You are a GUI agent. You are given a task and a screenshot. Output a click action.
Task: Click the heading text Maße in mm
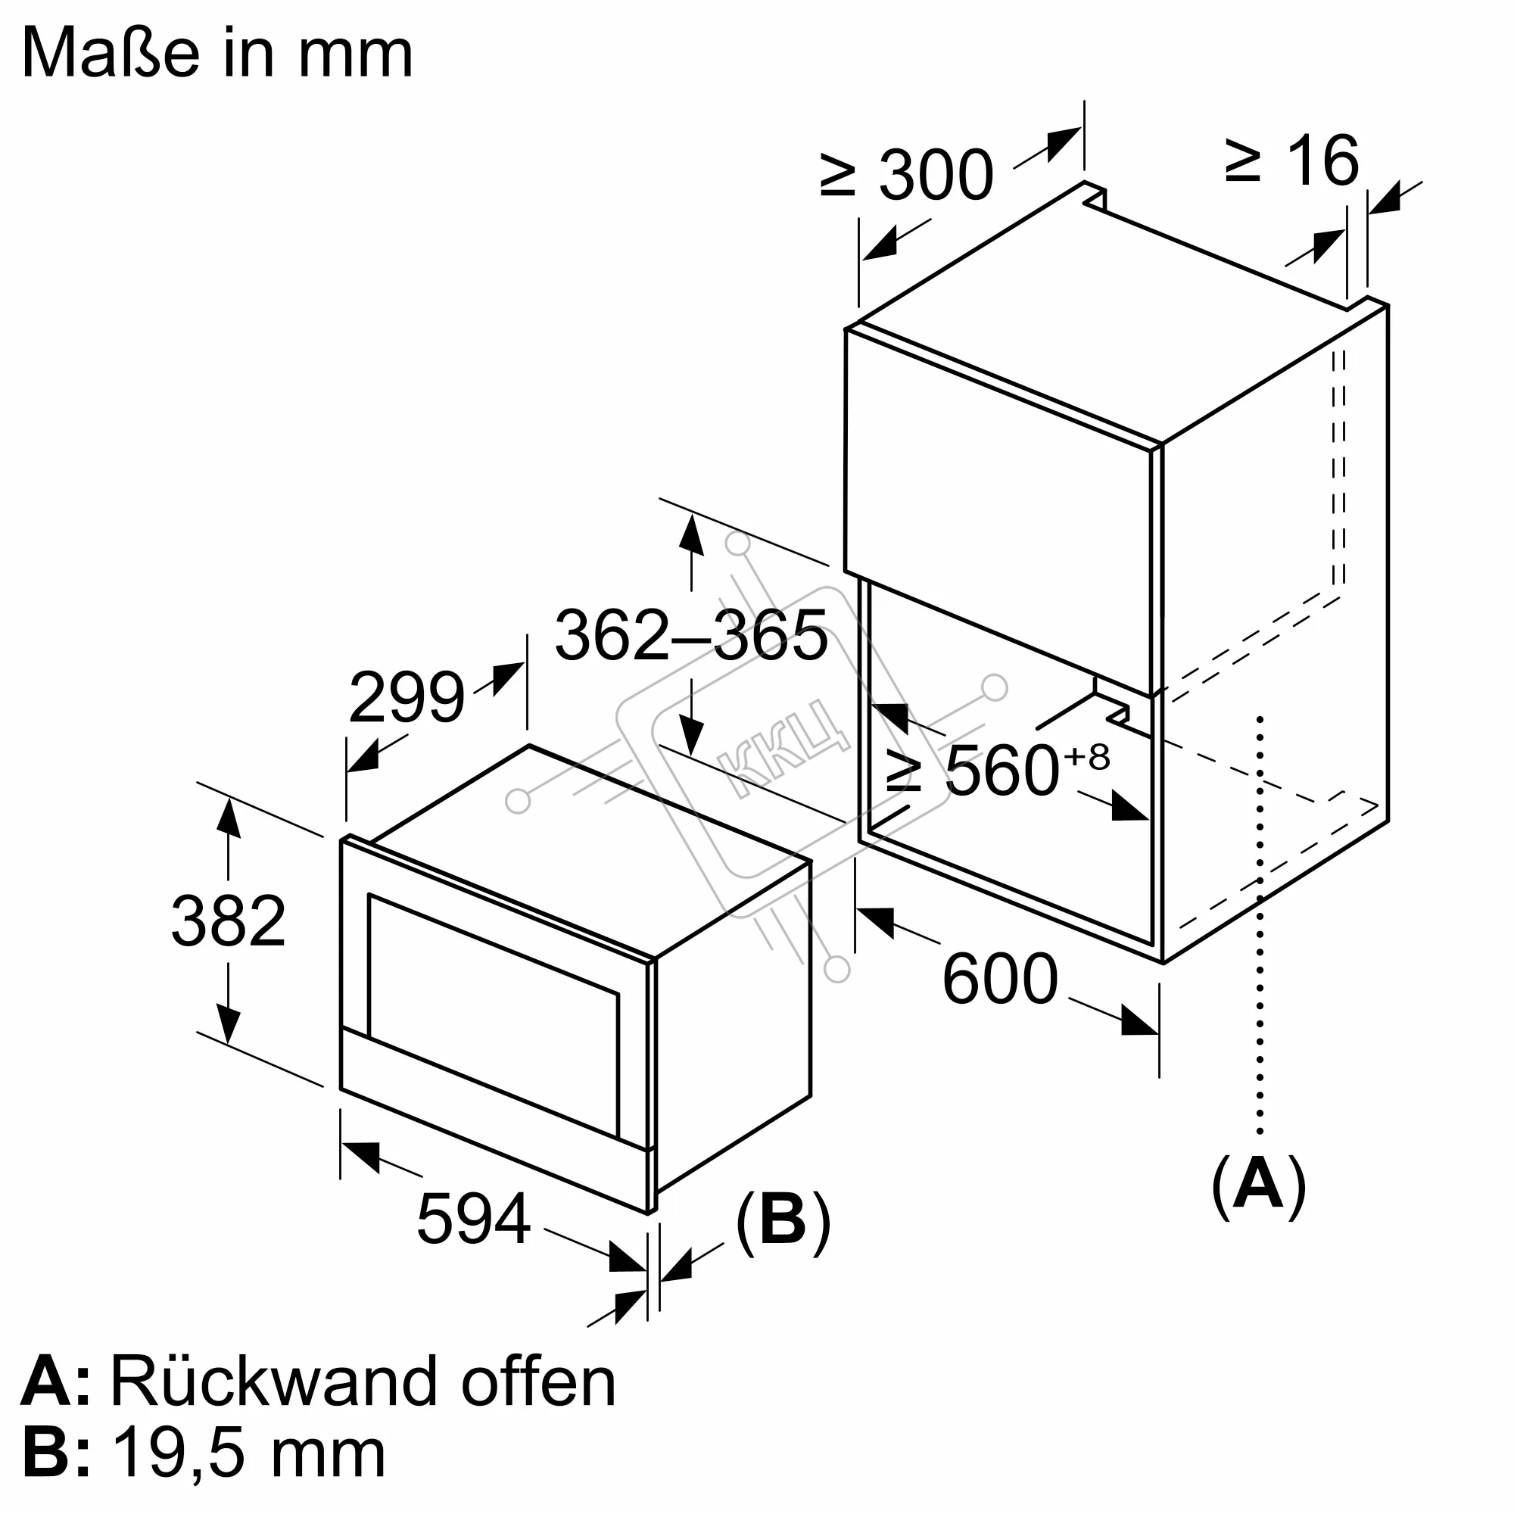coord(217,53)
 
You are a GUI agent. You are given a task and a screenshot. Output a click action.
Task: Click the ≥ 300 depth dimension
coord(908,175)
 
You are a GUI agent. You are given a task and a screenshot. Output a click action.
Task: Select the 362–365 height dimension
coord(690,635)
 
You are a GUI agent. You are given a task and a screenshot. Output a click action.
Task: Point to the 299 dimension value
coord(407,696)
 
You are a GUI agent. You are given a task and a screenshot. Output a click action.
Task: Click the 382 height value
coord(228,921)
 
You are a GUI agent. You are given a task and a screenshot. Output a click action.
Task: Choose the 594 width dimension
coord(473,1219)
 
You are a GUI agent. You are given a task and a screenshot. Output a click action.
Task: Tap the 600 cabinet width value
coord(1000,979)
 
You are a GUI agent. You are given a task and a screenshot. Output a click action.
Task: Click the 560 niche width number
coord(1002,771)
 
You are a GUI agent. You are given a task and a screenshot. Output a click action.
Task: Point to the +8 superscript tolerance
coord(1088,758)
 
